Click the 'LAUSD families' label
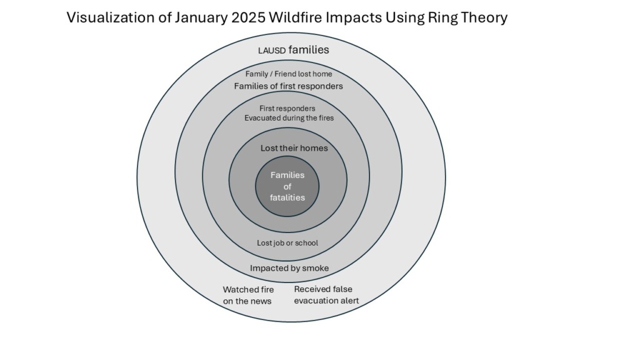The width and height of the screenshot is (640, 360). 294,50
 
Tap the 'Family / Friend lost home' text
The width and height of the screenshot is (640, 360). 289,74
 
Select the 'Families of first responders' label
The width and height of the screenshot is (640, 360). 288,86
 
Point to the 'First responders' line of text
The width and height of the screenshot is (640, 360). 287,109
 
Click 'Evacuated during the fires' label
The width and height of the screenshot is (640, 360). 289,118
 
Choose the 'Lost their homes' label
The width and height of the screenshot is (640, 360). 294,148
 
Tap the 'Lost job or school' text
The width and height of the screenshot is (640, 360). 287,243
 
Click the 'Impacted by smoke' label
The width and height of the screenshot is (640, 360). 289,268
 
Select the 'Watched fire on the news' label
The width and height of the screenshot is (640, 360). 248,295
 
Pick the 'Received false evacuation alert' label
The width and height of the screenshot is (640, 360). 326,295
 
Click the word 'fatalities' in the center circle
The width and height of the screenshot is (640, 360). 287,197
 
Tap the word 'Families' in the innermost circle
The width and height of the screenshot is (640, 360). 287,175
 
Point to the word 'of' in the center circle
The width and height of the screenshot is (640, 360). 287,186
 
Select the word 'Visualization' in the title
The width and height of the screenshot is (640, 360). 117,17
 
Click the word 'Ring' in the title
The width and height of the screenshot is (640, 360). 442,18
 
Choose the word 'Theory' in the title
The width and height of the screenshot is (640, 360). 484,18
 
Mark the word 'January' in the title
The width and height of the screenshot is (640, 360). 201,18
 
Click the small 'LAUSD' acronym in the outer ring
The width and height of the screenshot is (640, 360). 272,51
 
